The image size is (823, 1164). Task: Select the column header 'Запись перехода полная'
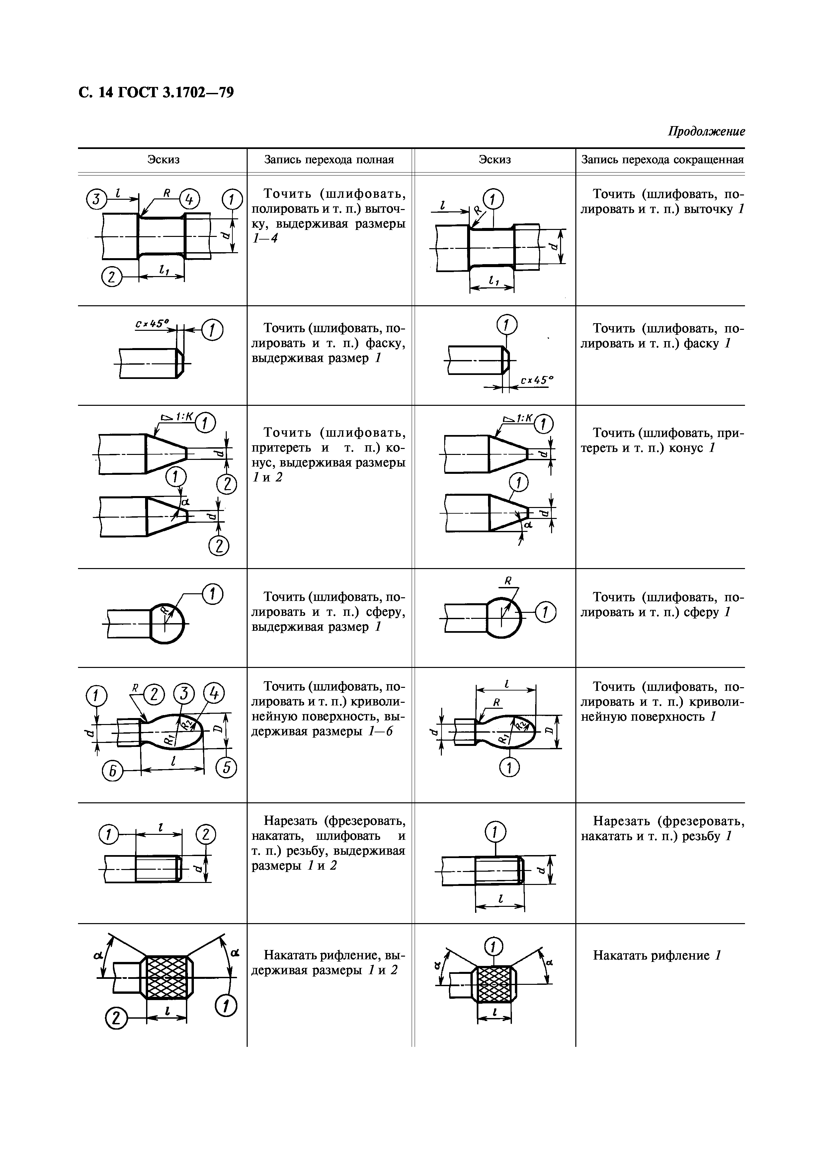(329, 160)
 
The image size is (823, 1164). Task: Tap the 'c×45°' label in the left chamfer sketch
(152, 323)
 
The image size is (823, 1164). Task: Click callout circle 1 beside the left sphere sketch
(213, 594)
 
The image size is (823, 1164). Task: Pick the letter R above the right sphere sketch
(507, 580)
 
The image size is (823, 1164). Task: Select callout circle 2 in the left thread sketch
(206, 834)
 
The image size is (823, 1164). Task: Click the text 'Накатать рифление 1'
(657, 955)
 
